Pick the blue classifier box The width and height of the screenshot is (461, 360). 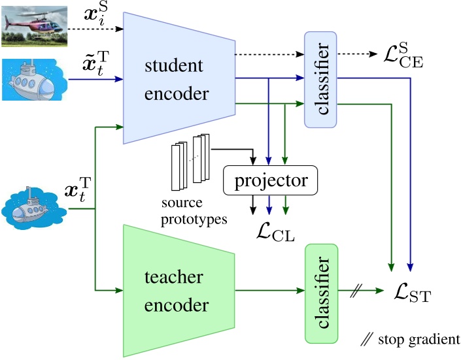point(320,79)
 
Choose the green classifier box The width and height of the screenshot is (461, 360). point(321,293)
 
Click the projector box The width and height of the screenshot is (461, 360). point(270,178)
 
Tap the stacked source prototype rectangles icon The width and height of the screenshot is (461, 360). point(190,160)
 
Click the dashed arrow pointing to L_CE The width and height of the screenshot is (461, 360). point(360,54)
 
